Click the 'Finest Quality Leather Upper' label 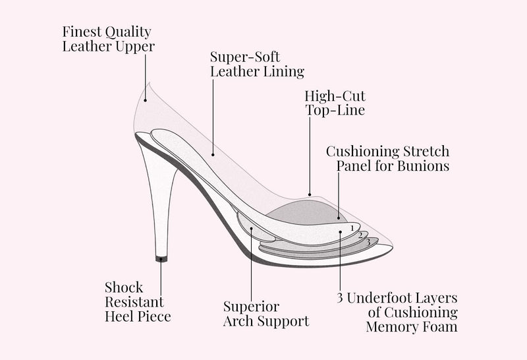point(108,39)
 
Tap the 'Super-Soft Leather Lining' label point(257,64)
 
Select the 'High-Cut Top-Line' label point(335,103)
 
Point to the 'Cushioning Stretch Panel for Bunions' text point(388,158)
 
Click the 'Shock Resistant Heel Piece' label point(138,302)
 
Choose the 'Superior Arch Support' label point(266,314)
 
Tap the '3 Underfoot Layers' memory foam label point(397,312)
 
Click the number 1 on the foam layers point(352,228)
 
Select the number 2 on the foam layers point(360,235)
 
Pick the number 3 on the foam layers point(368,242)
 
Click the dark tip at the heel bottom point(161,259)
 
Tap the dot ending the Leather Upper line point(145,100)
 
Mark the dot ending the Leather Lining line point(213,155)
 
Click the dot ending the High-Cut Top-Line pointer point(310,195)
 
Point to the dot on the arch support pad point(252,228)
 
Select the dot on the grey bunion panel point(339,218)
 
